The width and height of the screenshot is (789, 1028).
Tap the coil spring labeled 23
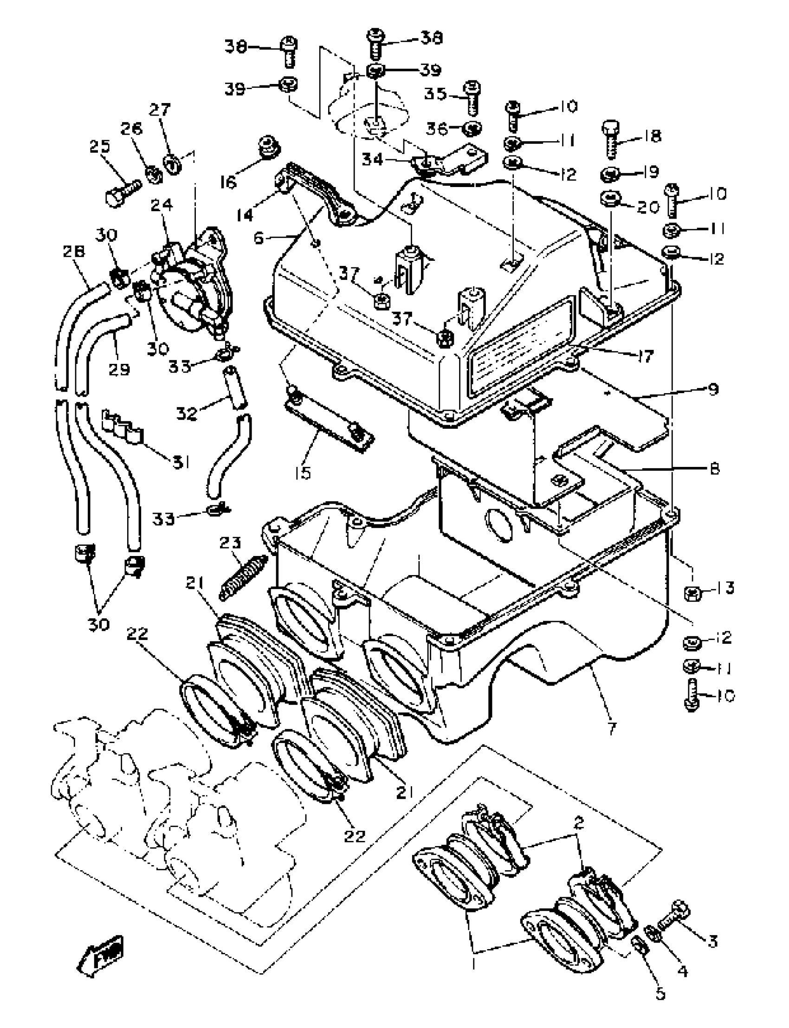243,577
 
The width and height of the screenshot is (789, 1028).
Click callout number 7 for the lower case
612,729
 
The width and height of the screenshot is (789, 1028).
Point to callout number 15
304,472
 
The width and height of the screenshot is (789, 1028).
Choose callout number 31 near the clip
181,463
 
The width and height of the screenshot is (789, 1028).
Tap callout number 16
228,182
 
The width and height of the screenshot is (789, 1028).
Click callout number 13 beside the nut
725,588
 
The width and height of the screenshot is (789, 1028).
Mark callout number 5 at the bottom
660,993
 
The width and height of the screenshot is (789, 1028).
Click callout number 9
713,389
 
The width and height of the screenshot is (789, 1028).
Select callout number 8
713,468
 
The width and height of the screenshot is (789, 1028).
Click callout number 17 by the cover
646,356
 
